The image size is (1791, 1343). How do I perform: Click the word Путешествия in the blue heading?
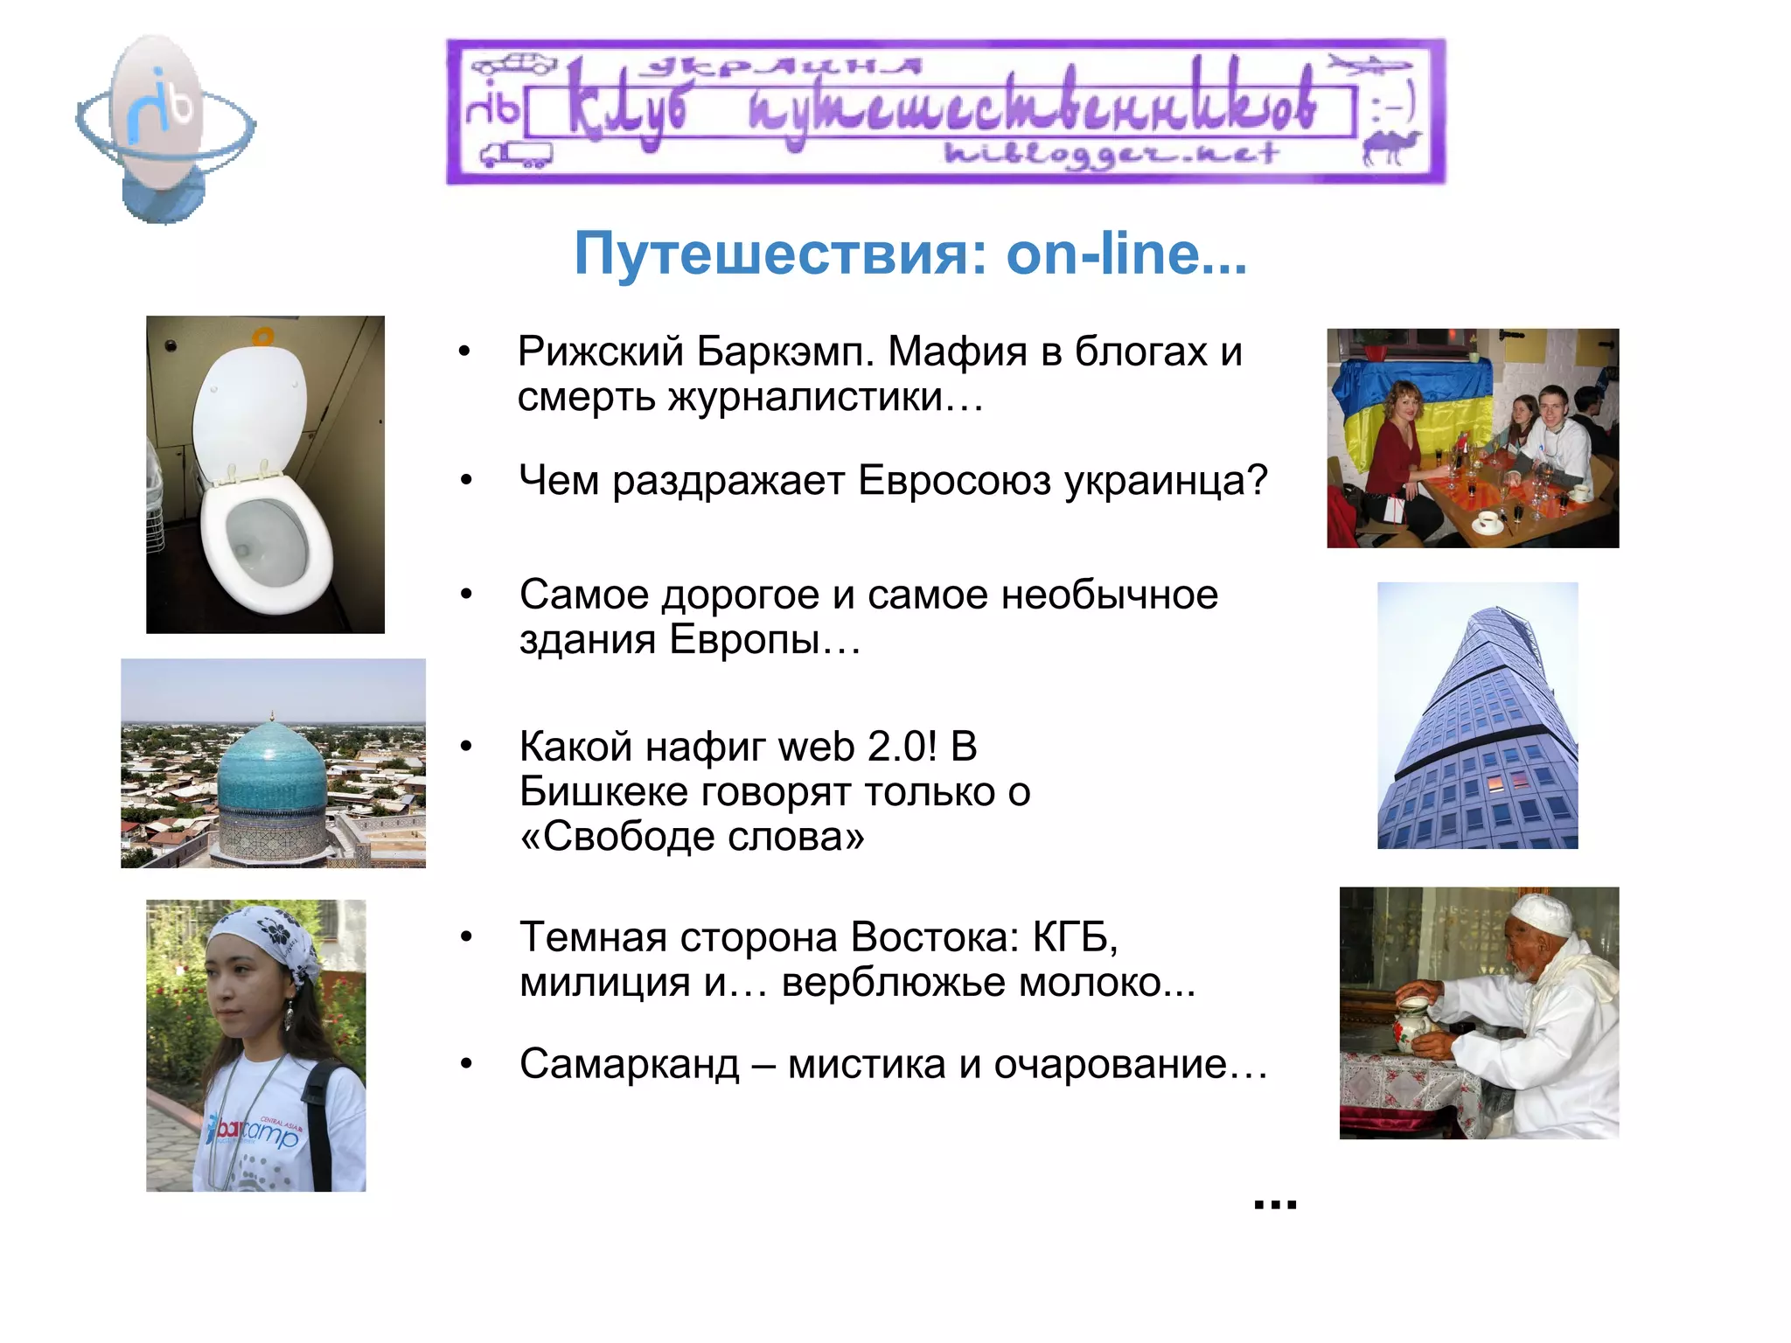tap(770, 254)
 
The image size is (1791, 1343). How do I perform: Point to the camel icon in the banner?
tap(1390, 148)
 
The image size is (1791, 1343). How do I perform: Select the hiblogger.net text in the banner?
tap(1111, 155)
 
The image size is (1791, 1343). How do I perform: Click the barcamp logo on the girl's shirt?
tap(254, 1133)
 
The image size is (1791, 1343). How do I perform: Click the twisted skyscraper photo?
tap(1478, 717)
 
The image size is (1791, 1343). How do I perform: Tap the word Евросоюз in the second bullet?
tap(953, 481)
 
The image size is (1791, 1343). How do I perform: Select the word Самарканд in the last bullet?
tap(629, 1065)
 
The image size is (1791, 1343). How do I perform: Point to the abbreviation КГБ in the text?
tap(1075, 937)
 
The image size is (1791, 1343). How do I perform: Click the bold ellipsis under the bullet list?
tap(1275, 1205)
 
